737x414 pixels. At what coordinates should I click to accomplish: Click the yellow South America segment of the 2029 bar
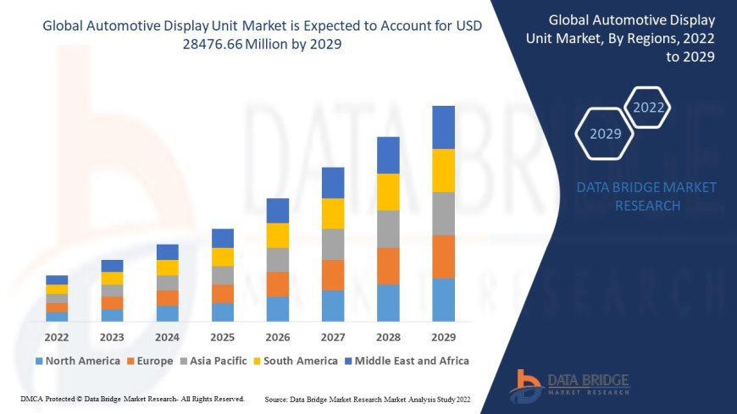[443, 170]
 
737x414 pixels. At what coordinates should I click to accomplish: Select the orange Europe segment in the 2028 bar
[388, 266]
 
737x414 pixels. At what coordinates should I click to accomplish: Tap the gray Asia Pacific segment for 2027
[333, 244]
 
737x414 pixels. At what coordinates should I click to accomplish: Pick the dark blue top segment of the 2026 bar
[278, 210]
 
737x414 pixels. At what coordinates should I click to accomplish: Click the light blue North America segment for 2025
[223, 312]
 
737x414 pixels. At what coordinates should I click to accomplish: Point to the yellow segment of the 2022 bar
[57, 289]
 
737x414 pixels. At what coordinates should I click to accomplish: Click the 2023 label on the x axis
[112, 336]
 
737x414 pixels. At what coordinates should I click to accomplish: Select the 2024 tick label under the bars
[168, 336]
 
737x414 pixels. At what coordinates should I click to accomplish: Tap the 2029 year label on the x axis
[443, 336]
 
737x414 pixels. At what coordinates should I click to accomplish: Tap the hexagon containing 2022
[649, 108]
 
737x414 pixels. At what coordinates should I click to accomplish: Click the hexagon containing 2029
[605, 134]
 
